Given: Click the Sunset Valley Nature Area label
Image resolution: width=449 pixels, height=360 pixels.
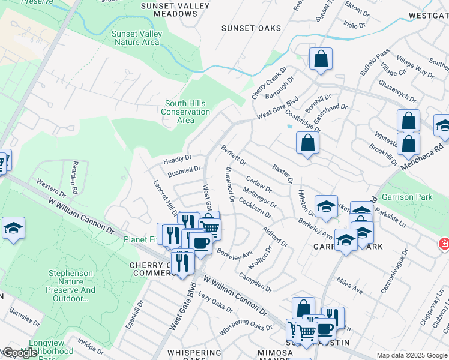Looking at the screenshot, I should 136,38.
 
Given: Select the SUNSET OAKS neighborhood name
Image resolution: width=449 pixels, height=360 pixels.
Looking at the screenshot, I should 247,28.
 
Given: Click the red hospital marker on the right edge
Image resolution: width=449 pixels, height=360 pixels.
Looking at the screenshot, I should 443,244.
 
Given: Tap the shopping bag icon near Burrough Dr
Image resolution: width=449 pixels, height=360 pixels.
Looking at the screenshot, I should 321,59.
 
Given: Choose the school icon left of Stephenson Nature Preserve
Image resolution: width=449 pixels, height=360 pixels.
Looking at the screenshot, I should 13,229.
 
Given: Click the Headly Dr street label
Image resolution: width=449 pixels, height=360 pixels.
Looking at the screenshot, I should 177,160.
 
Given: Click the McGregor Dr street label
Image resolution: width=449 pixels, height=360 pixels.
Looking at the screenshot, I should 260,197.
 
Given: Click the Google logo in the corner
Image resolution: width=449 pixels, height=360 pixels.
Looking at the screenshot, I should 20,353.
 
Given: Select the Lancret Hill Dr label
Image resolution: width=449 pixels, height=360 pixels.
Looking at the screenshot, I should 164,196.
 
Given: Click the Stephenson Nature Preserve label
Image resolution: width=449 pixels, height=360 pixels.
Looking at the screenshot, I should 71,286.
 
